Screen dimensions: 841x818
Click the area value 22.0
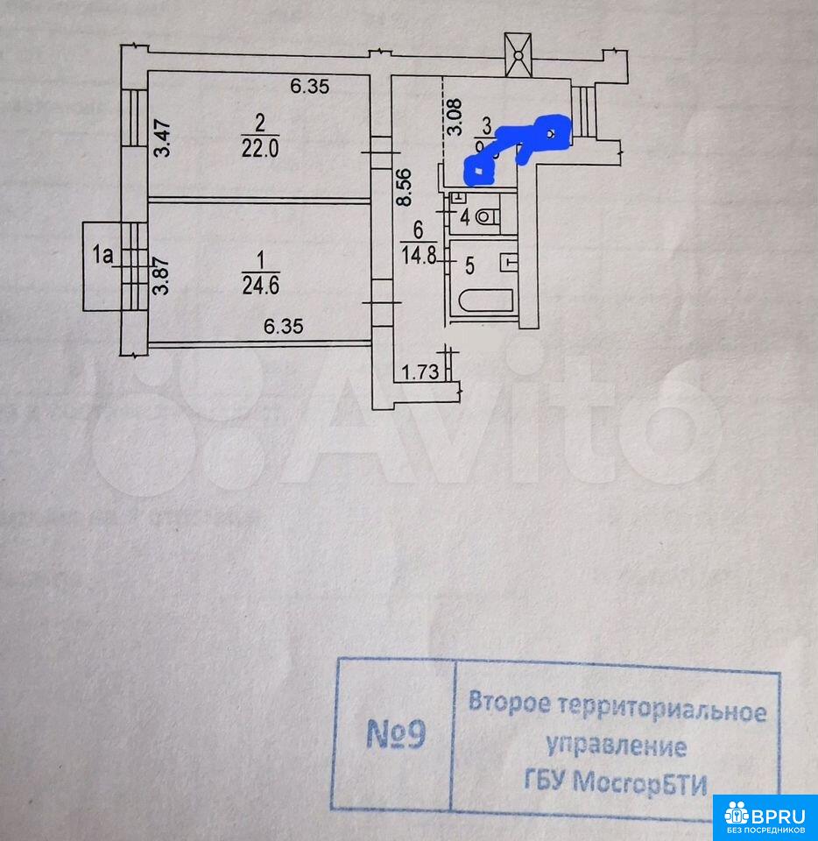click(259, 149)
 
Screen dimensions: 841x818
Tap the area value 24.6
click(260, 285)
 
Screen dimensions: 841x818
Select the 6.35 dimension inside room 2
click(308, 86)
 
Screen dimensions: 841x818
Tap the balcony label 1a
click(103, 255)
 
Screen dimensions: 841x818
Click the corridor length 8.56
click(403, 187)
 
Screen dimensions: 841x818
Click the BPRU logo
click(765, 816)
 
